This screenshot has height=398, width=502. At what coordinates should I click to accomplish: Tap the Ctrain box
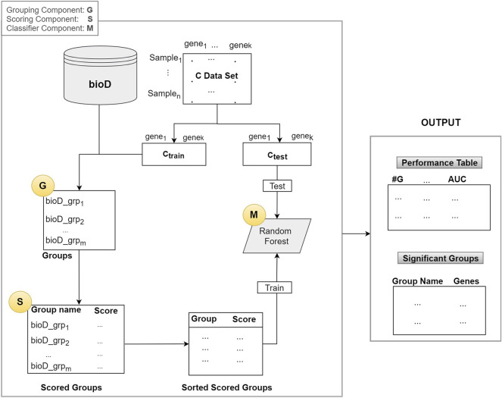174,157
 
